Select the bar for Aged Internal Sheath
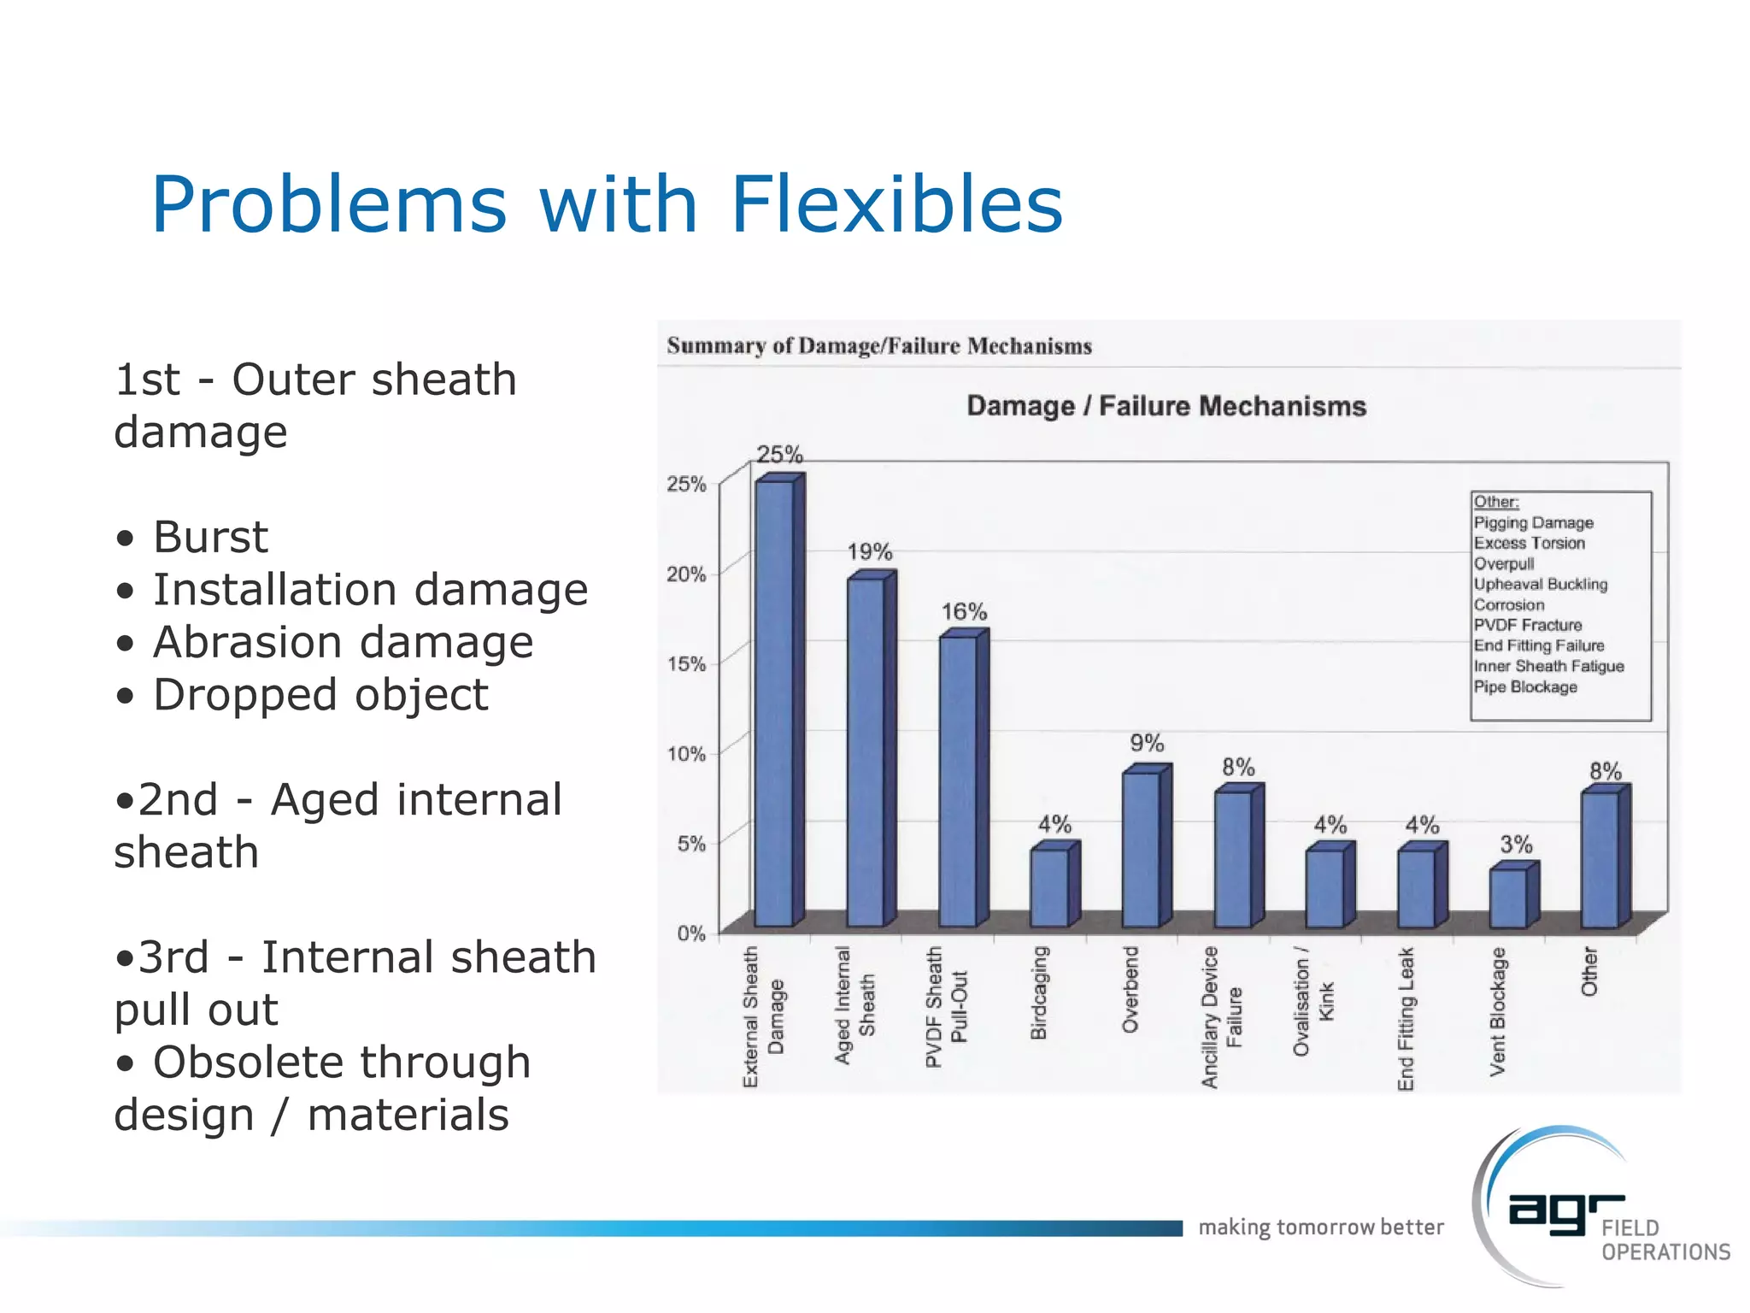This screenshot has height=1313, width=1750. [x=866, y=752]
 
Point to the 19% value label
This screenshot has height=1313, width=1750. [x=870, y=552]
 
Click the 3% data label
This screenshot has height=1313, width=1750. [x=1517, y=845]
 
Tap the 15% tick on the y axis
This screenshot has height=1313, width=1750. [x=686, y=664]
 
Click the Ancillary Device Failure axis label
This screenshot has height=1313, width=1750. [x=1222, y=1017]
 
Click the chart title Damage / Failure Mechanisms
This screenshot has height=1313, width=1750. [x=1166, y=406]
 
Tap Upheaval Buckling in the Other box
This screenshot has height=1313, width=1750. [x=1540, y=585]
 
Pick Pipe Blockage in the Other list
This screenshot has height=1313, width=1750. [x=1525, y=687]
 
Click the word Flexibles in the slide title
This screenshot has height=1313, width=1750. [x=896, y=204]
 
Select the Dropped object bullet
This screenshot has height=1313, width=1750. [x=320, y=695]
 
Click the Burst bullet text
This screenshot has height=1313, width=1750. [x=210, y=538]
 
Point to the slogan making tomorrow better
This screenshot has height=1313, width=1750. [x=1321, y=1228]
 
